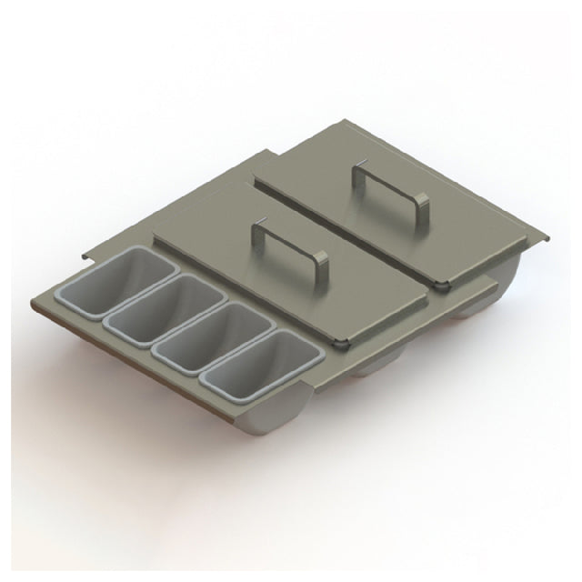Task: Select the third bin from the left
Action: [196, 338]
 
